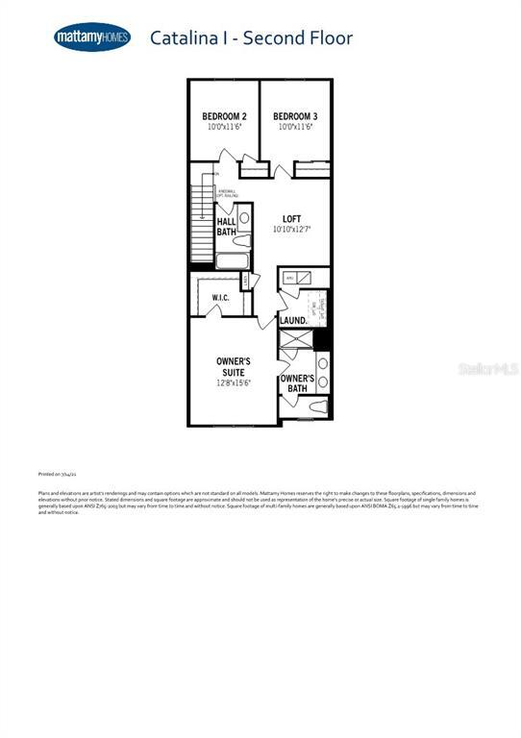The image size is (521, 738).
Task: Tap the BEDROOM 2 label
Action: [x=224, y=116]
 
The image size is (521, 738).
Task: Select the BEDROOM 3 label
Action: [x=295, y=116]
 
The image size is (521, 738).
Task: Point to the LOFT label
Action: [x=291, y=219]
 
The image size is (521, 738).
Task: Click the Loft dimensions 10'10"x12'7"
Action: [x=291, y=230]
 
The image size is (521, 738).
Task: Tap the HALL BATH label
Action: [x=226, y=227]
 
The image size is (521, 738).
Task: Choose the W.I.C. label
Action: [x=220, y=298]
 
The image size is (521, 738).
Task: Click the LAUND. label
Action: [x=293, y=320]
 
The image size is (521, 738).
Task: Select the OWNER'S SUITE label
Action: [x=234, y=366]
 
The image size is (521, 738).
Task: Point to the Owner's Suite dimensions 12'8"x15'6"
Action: [x=234, y=382]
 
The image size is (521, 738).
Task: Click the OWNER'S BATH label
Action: [x=297, y=383]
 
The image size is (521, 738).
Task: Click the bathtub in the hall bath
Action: [x=233, y=260]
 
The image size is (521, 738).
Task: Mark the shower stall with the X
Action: [x=295, y=339]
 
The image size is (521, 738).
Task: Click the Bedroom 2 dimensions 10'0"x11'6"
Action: [x=224, y=127]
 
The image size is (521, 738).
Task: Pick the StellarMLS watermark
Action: [x=487, y=368]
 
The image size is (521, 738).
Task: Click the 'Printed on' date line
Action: [x=58, y=474]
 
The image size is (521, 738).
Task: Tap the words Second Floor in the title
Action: [x=298, y=38]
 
